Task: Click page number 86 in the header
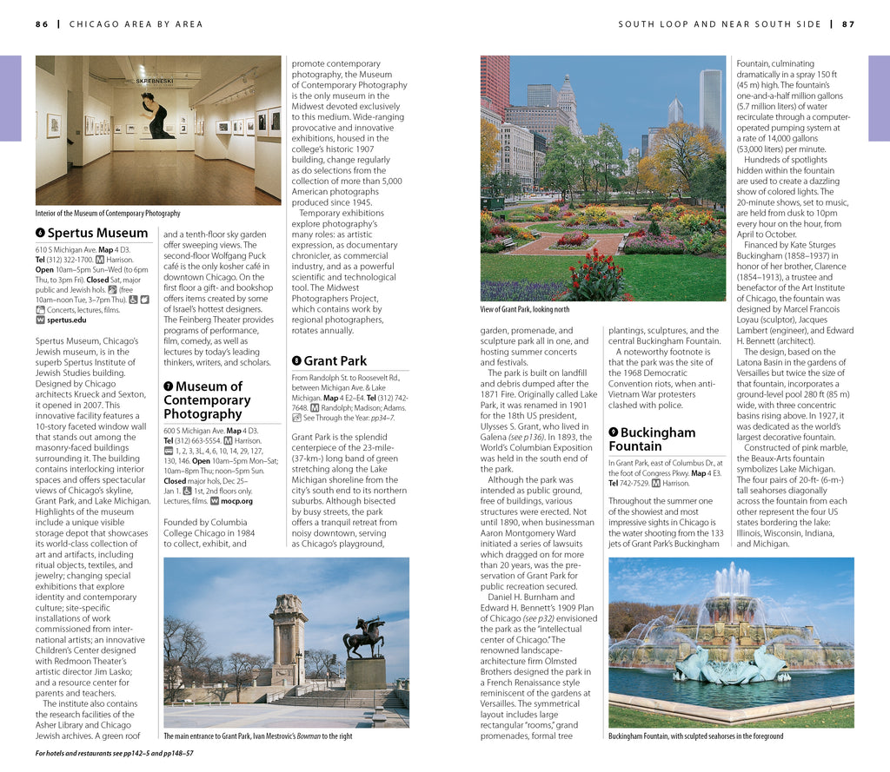click(42, 24)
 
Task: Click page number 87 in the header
click(848, 24)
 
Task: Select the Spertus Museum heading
click(97, 233)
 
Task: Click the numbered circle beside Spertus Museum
click(40, 233)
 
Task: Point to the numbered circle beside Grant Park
click(296, 360)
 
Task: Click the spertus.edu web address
click(67, 320)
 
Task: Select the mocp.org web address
click(236, 501)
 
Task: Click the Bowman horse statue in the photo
click(364, 639)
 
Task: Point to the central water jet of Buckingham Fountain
click(732, 582)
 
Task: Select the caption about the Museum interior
click(108, 213)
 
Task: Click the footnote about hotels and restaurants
click(114, 753)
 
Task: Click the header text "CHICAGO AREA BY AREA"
click(136, 24)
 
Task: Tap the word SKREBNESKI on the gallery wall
click(155, 81)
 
